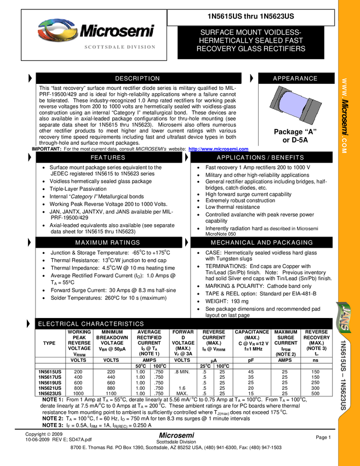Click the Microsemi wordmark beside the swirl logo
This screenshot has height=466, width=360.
tap(117, 31)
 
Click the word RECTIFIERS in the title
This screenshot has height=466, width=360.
tap(284, 49)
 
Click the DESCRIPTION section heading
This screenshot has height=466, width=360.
tap(137, 79)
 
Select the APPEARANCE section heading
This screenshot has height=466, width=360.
tap(295, 79)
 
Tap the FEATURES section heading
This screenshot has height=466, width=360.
tap(107, 158)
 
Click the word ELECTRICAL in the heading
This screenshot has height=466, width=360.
tap(58, 325)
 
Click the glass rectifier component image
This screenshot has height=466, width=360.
tap(295, 105)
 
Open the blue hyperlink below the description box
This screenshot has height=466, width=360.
tap(218, 149)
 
